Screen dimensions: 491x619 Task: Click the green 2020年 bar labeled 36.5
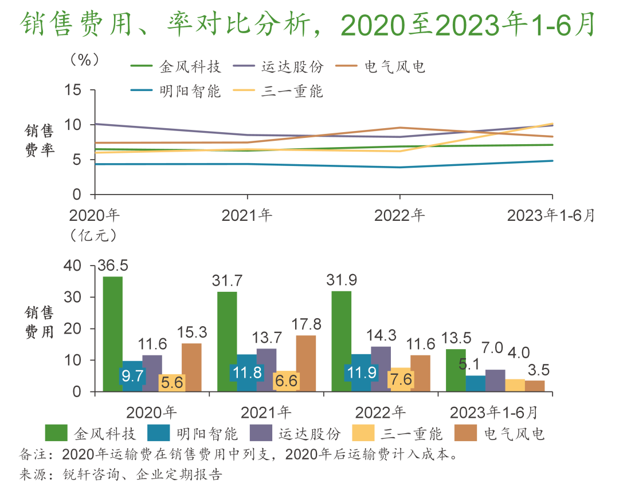[x=112, y=334]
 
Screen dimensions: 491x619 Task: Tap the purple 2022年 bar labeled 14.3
[x=381, y=369]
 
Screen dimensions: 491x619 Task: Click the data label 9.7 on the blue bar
[x=133, y=376]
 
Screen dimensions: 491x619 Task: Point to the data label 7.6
[x=400, y=379]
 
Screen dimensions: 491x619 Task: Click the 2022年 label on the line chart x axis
[x=399, y=215]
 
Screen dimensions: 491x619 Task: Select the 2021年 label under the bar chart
[x=266, y=412]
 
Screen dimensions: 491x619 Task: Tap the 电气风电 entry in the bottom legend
[x=514, y=433]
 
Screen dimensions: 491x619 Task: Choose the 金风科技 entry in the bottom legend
[x=96, y=433]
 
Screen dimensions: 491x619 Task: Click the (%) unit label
[x=85, y=60]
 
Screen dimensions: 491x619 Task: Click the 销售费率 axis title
[x=38, y=141]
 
